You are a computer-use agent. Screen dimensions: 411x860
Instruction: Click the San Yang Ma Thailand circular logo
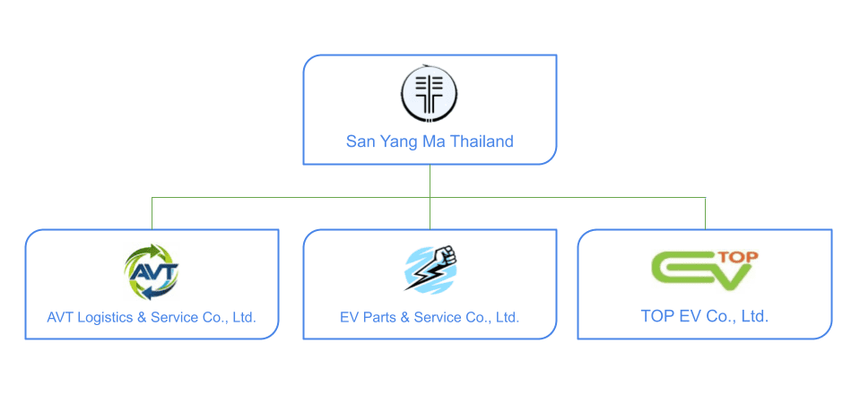(430, 94)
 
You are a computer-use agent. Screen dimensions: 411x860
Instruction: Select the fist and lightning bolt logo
(431, 270)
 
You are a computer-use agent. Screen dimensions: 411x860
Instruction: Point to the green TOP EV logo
(703, 270)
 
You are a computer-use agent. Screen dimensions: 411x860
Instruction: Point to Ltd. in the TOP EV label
(752, 316)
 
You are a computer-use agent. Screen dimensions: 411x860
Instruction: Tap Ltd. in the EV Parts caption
(507, 317)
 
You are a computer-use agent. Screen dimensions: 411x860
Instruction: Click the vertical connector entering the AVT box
(152, 213)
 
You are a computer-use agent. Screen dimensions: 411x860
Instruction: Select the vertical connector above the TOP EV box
(705, 213)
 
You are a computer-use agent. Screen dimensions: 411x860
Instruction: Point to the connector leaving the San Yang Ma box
(430, 180)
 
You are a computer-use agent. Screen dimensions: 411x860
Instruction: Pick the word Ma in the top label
(421, 141)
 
